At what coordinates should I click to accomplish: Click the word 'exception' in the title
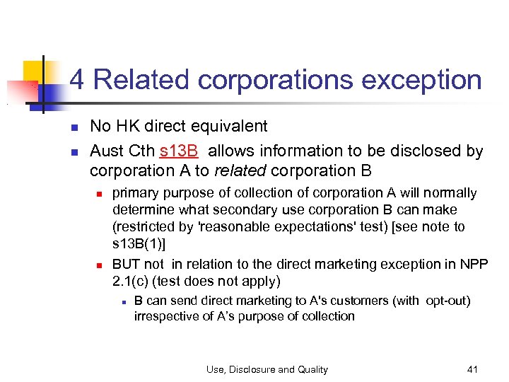(x=422, y=81)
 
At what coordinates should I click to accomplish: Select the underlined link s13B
(x=178, y=151)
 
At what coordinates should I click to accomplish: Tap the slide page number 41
(x=473, y=369)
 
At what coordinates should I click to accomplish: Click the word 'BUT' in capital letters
(x=127, y=264)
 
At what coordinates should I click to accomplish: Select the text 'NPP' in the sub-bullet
(x=474, y=264)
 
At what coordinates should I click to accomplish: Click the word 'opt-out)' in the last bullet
(x=447, y=301)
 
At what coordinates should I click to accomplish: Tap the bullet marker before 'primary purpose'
(x=100, y=194)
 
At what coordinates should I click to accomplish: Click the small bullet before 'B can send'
(x=123, y=301)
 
